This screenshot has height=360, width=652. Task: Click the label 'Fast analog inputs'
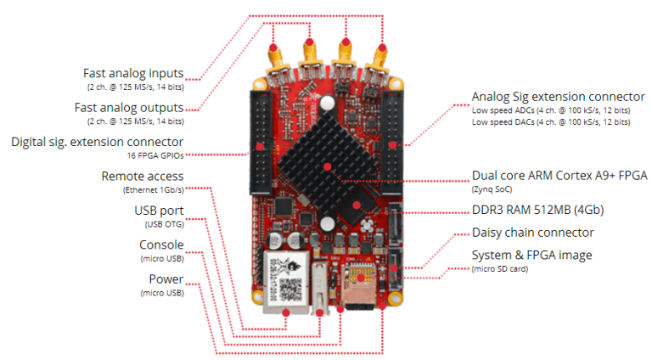[x=133, y=73]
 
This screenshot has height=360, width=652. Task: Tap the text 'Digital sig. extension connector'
[x=97, y=141]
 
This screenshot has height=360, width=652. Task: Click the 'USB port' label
[x=159, y=211]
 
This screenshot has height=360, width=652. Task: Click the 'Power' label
[x=166, y=279]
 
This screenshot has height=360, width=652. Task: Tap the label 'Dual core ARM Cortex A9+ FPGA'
[x=559, y=176]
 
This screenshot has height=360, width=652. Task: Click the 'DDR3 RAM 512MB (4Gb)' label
[x=531, y=210]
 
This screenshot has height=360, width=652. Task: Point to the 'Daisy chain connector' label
[x=532, y=232]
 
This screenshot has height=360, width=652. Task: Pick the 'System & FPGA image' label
[x=531, y=255]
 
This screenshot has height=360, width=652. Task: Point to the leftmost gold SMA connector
[x=277, y=63]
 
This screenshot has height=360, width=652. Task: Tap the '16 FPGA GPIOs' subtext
[x=156, y=155]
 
